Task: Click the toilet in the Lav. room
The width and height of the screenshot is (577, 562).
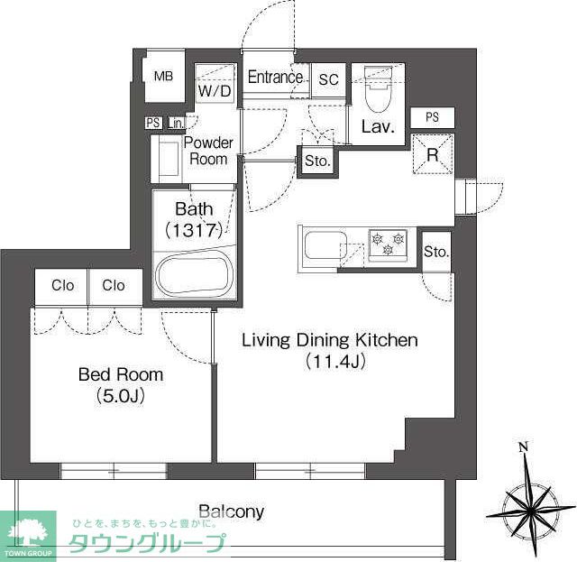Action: point(378,89)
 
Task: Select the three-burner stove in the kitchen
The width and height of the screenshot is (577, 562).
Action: point(388,244)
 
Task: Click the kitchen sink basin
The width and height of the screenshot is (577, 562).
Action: point(325,245)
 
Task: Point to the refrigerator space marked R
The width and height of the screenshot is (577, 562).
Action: point(433,154)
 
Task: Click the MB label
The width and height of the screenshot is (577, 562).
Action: point(164,77)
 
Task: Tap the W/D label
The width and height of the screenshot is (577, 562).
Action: point(215,90)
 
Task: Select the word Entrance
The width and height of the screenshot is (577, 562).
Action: point(275,77)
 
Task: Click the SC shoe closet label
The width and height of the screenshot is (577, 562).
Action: point(328,79)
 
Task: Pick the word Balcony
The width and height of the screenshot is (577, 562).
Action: point(231,511)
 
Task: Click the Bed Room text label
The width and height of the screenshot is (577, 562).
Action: point(121,374)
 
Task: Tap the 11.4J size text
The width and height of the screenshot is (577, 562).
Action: point(335,361)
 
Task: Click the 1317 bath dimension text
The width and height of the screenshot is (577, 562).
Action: point(194,231)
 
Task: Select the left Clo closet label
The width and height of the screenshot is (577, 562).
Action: point(62,285)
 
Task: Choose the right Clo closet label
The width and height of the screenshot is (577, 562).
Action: point(114,285)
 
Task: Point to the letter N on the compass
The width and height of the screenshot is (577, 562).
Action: point(524,447)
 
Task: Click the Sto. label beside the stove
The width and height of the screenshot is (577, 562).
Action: point(436,252)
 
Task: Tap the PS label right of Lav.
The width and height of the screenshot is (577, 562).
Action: point(433,117)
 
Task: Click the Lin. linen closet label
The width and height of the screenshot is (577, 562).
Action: point(177,123)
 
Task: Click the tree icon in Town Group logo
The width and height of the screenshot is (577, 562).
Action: point(27,530)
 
